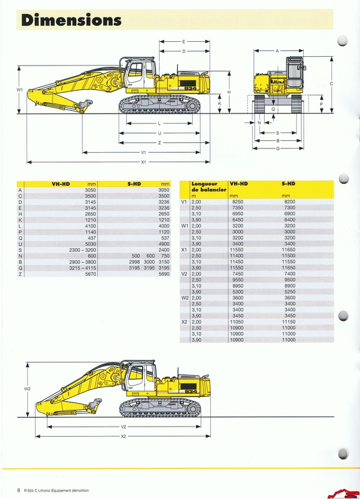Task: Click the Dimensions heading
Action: tap(71, 20)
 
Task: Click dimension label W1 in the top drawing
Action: tap(20, 90)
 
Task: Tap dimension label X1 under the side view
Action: tap(144, 162)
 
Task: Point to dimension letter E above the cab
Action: tap(183, 42)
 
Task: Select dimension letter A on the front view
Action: tap(277, 51)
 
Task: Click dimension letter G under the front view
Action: tap(278, 148)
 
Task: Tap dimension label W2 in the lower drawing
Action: tap(27, 389)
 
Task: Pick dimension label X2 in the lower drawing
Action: tap(124, 436)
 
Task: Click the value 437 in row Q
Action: tap(92, 238)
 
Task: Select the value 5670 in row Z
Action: tap(90, 274)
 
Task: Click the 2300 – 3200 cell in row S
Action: tap(82, 250)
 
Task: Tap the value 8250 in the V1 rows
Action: tap(238, 201)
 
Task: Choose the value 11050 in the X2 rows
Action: tap(236, 322)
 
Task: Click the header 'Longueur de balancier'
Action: tap(209, 187)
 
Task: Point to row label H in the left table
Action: tap(21, 214)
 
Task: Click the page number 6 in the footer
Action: tap(19, 490)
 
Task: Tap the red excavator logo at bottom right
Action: tap(344, 493)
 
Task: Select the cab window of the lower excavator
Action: tap(136, 375)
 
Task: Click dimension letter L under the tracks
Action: tap(159, 124)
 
